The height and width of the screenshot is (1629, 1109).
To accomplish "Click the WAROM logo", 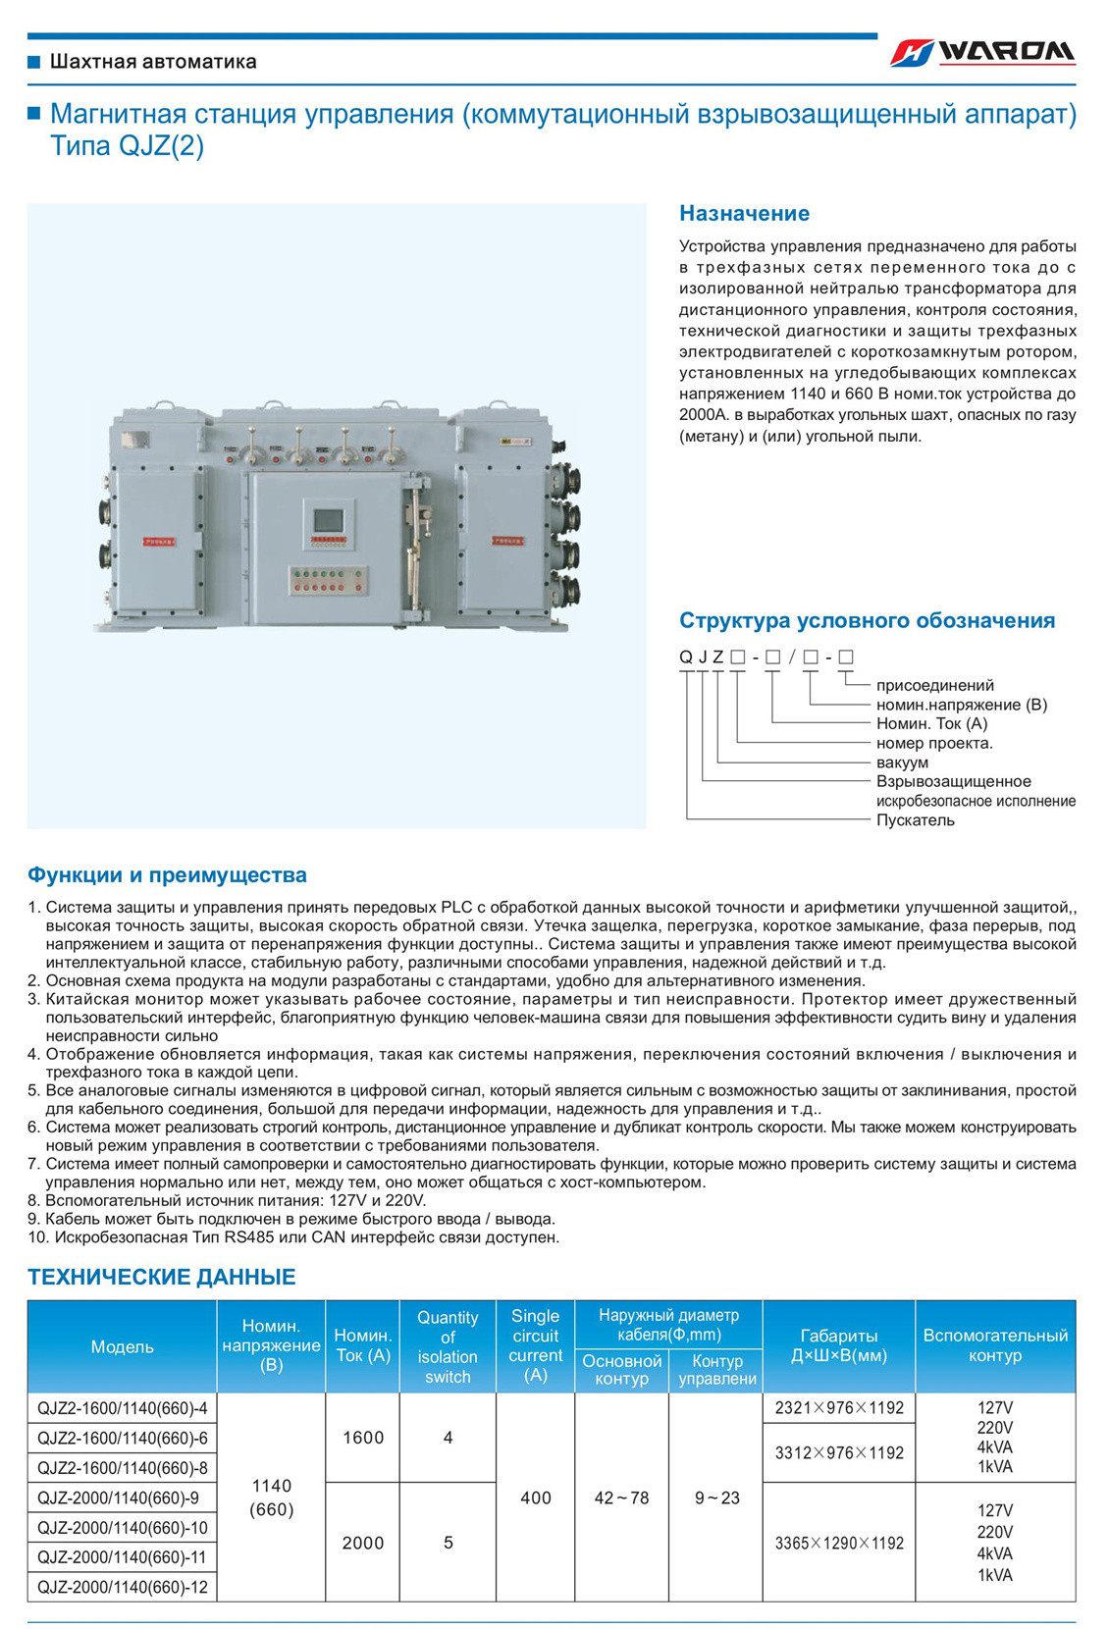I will (x=982, y=52).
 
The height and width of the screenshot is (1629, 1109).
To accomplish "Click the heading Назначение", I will (x=744, y=213).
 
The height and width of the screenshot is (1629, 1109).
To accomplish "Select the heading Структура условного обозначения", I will (x=867, y=620).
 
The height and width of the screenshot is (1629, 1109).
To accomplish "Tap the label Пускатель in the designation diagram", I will (x=915, y=819).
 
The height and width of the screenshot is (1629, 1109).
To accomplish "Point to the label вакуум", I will (x=902, y=762).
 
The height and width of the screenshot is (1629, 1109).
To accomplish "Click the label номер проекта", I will (x=933, y=743).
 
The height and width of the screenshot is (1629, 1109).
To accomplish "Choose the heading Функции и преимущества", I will (x=167, y=874).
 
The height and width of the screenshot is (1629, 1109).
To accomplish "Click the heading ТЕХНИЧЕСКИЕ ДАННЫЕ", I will (x=161, y=1277).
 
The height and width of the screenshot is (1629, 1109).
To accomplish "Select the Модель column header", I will (x=122, y=1346).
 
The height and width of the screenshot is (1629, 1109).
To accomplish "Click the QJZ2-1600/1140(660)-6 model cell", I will (x=122, y=1438).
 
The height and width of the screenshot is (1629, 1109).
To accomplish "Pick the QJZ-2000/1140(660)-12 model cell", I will (x=122, y=1587).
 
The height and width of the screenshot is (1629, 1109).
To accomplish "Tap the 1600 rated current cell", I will (x=362, y=1438).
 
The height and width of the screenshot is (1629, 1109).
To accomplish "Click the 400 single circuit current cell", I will (x=535, y=1498).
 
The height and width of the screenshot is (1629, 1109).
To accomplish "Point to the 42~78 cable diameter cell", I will (x=621, y=1498).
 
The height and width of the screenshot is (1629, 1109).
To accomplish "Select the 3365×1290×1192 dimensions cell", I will (x=838, y=1543).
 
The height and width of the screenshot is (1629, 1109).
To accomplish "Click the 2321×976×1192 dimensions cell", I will (x=838, y=1408).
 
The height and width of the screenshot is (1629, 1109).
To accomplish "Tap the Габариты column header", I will (x=838, y=1345).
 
